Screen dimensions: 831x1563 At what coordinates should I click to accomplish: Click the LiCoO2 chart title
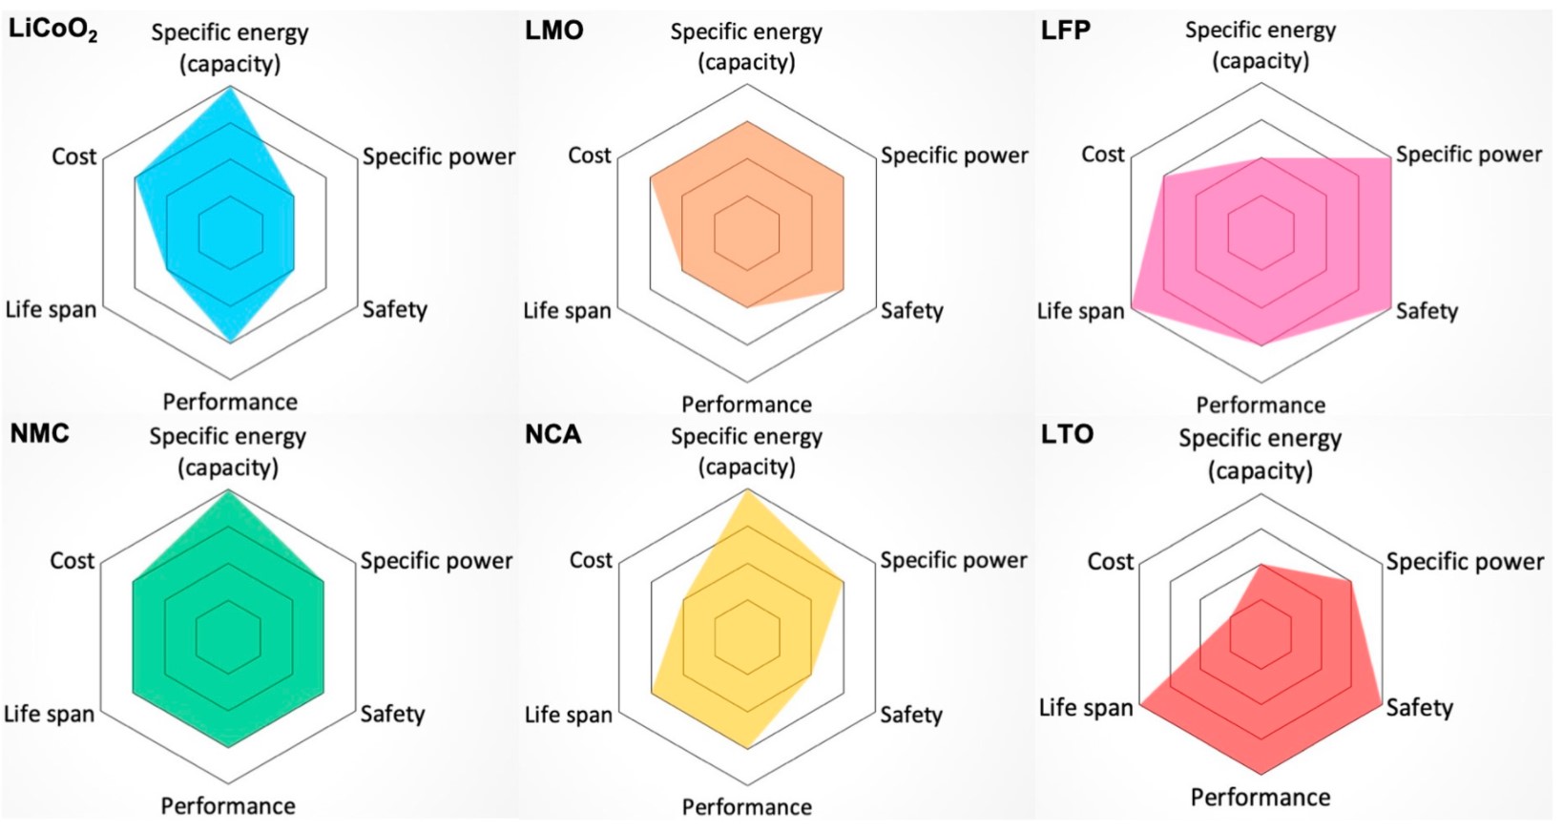(x=52, y=31)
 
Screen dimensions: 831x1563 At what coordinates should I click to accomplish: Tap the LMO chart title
(x=553, y=31)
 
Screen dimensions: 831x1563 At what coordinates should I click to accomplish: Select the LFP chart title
(x=1065, y=31)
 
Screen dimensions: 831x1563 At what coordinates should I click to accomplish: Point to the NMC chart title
(x=39, y=433)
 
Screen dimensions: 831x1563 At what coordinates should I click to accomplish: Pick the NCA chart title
(x=552, y=434)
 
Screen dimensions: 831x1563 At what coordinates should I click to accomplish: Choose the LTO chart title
(x=1067, y=434)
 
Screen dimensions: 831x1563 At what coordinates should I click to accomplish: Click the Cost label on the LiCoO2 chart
(x=73, y=156)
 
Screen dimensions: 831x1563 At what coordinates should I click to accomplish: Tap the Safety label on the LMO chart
(x=911, y=310)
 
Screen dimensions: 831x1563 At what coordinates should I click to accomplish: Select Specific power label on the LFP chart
(x=1469, y=155)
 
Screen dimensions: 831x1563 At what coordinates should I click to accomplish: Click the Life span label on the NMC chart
(x=50, y=714)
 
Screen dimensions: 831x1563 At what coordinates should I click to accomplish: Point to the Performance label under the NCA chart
(x=746, y=807)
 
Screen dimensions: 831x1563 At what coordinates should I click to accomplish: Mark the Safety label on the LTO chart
(x=1419, y=708)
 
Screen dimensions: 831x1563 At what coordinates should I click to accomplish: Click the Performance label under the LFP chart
(x=1261, y=405)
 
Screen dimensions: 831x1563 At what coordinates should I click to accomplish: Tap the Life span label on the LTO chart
(x=1086, y=708)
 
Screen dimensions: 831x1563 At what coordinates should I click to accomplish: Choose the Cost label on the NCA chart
(x=591, y=560)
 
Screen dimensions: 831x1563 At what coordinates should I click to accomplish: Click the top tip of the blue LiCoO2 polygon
(x=230, y=88)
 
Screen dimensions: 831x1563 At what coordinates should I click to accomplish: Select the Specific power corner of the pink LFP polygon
(x=1390, y=158)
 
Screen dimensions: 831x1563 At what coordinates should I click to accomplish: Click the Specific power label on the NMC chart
(x=436, y=561)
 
